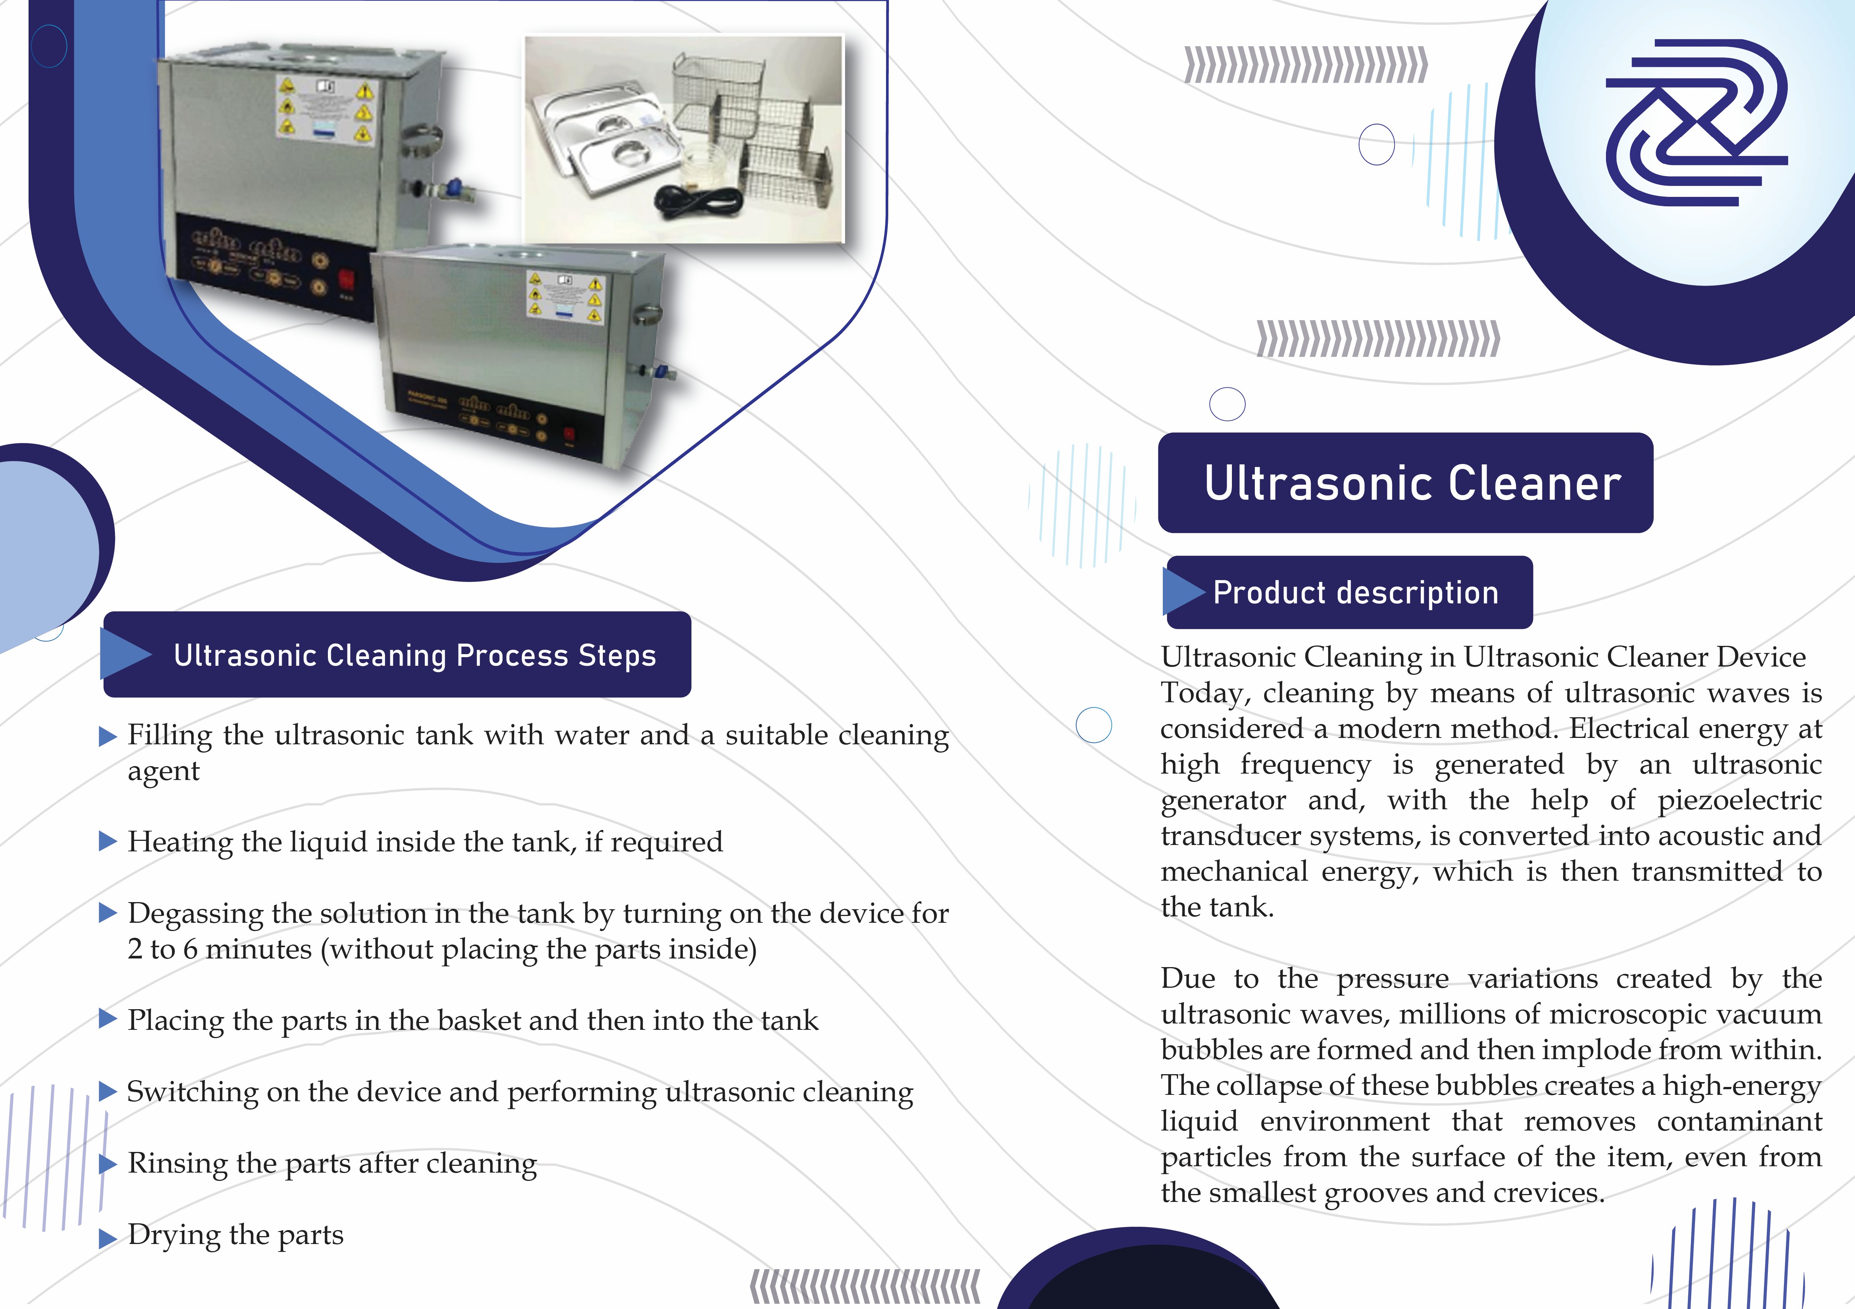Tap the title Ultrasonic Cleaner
pyautogui.click(x=1412, y=483)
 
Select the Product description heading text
pyautogui.click(x=1356, y=592)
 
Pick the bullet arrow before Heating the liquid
pyautogui.click(x=107, y=841)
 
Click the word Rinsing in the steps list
pyautogui.click(x=177, y=1164)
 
